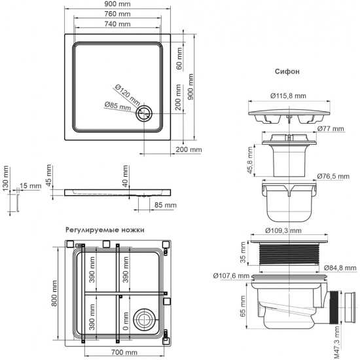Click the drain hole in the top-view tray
click(x=143, y=115)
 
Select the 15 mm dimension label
click(x=30, y=186)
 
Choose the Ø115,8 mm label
click(x=287, y=96)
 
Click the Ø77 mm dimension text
click(x=331, y=129)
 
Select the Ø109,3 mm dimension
click(x=283, y=231)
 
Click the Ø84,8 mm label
click(x=339, y=268)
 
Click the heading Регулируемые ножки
click(x=105, y=230)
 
